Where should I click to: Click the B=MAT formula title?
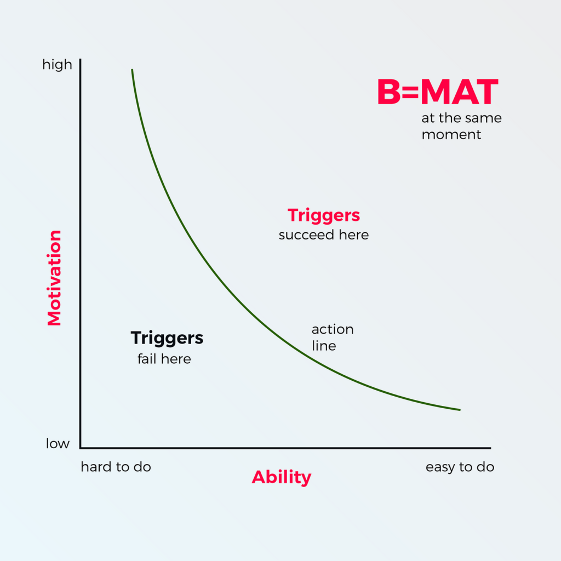coord(438,92)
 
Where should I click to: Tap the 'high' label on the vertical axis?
coord(57,65)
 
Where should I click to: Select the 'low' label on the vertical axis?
coord(58,443)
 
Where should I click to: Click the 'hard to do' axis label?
coord(116,467)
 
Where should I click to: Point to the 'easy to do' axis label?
coord(460,467)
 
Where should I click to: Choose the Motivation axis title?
coord(54,278)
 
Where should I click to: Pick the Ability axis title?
coord(281,477)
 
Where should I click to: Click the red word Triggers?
coord(324,215)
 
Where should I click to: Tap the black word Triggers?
coord(167,338)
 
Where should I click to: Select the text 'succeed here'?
coord(323,235)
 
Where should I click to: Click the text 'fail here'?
coord(164,359)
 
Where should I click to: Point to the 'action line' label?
coord(332,337)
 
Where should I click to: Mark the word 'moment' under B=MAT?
coord(451,134)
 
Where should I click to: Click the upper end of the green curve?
coord(132,70)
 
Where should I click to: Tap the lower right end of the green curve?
coord(459,409)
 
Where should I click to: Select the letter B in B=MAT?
coord(390,92)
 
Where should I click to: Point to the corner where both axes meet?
coord(81,448)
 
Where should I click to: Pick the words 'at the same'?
coord(461,118)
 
